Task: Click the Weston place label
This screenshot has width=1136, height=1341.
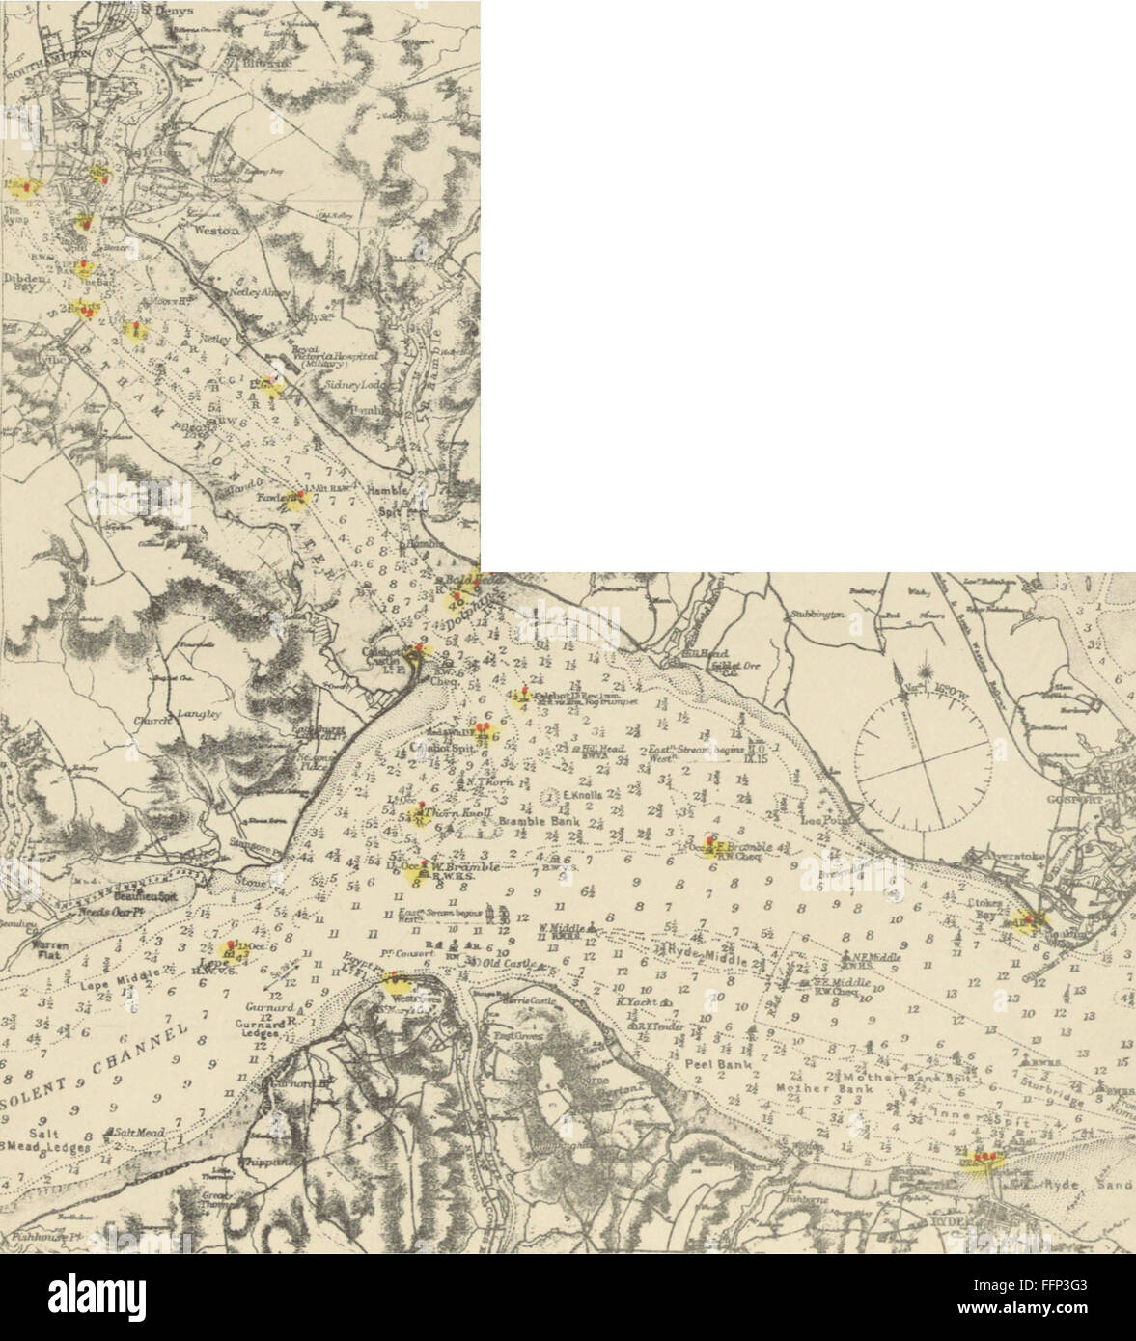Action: tap(216, 231)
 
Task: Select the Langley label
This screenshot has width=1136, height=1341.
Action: tap(199, 714)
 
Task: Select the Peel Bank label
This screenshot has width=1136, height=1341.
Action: tap(705, 1064)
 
